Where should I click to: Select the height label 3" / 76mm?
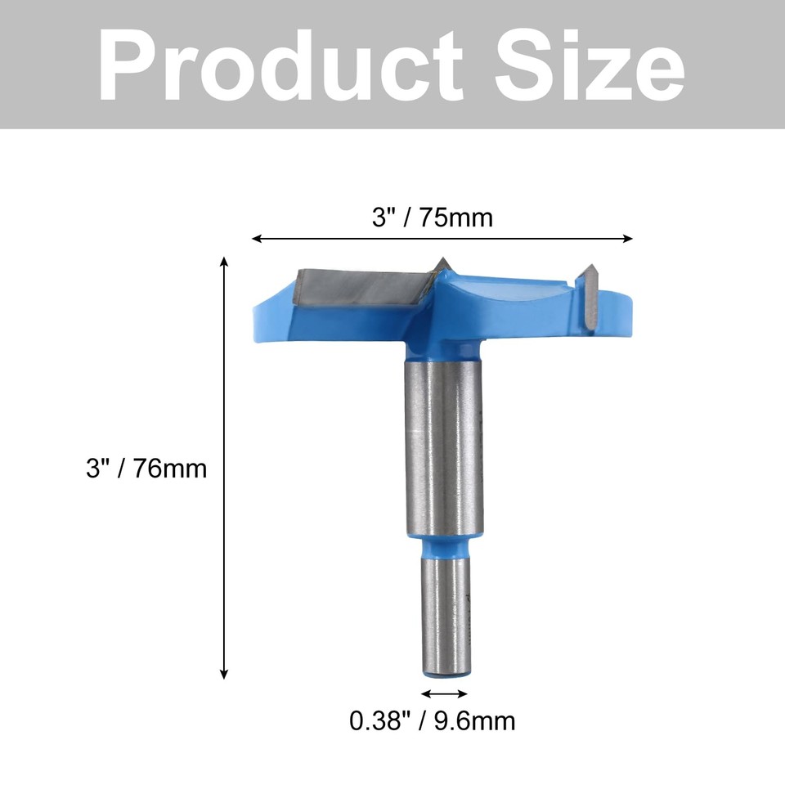146,469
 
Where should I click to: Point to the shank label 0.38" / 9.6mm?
433,720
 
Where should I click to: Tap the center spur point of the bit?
442,263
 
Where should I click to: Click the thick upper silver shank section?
442,446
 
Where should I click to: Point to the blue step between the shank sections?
442,544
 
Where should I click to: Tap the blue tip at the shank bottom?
444,674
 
